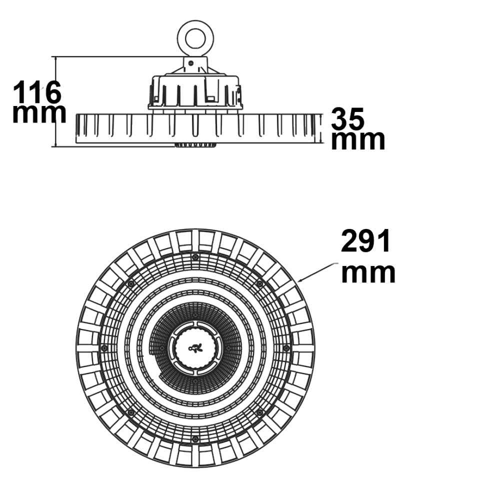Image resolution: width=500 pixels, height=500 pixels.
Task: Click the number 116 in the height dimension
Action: (36, 92)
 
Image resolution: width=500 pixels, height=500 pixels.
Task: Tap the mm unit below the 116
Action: (39, 113)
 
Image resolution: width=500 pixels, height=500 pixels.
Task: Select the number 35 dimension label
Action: (347, 118)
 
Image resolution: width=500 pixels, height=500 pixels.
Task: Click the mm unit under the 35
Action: (358, 140)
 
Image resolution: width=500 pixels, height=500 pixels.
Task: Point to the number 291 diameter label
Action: (366, 241)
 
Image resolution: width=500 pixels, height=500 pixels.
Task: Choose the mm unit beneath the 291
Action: (368, 273)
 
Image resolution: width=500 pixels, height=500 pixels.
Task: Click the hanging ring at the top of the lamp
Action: (195, 39)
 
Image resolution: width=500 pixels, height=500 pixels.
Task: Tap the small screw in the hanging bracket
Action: (191, 63)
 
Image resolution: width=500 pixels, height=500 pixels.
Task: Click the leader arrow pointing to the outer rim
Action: (316, 272)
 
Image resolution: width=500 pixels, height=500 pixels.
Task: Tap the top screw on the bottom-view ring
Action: (195, 257)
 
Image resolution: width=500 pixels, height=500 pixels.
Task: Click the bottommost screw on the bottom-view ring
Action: (195, 439)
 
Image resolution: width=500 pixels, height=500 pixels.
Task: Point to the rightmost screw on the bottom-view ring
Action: (286, 348)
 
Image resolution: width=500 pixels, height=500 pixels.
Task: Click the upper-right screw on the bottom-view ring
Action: (260, 283)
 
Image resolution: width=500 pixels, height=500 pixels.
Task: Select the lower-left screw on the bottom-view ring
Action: (130, 412)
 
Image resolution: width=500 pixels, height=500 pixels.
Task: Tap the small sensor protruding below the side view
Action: (195, 145)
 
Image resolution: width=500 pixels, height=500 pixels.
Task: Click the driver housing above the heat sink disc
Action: (195, 92)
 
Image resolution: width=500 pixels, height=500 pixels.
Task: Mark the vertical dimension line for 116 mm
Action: (56, 101)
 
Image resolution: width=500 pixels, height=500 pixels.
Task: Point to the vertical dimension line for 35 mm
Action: (320, 128)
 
